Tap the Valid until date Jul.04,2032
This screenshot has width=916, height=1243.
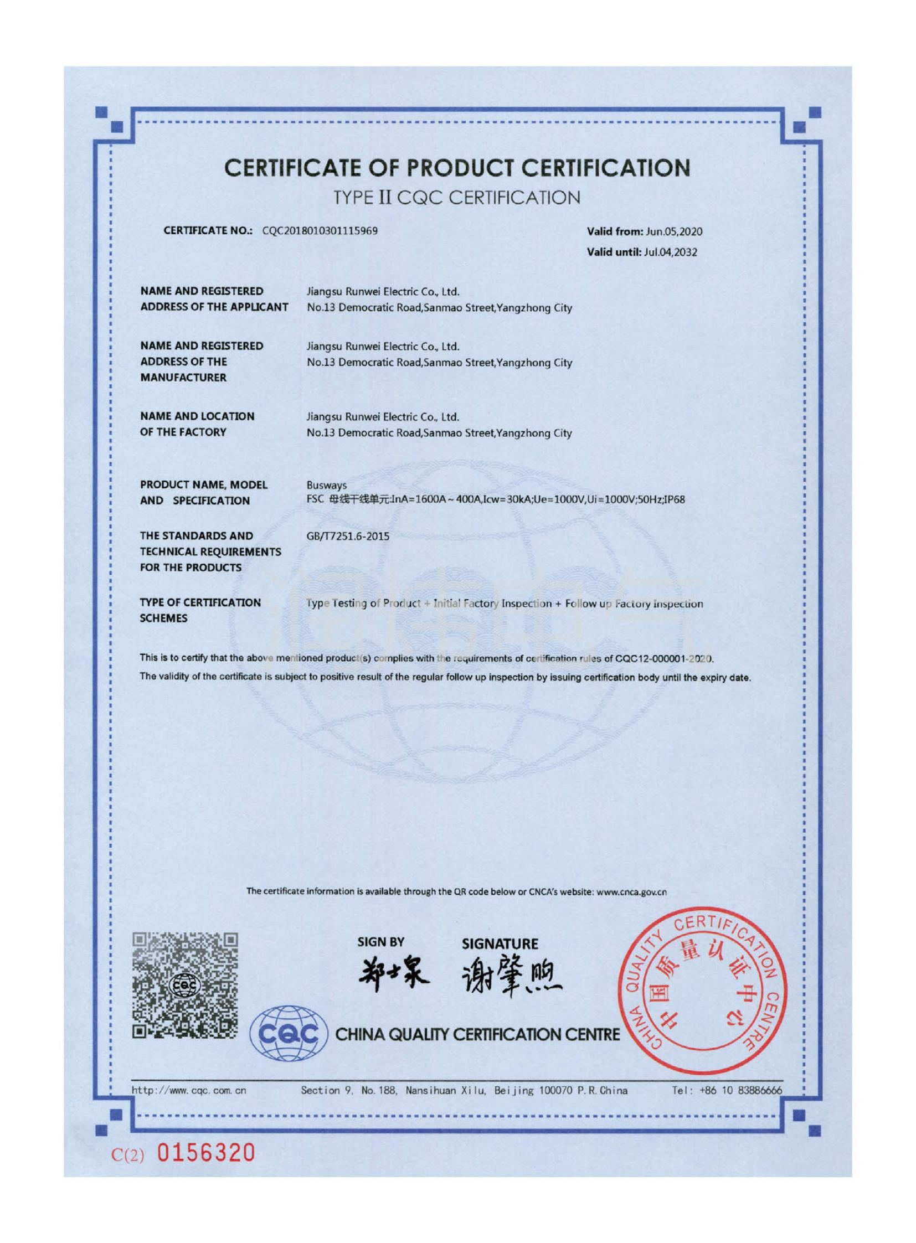[670, 252]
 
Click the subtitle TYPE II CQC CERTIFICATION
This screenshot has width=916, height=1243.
[457, 197]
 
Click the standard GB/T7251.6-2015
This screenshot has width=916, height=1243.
[348, 536]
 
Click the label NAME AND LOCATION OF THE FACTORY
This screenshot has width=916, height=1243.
[197, 424]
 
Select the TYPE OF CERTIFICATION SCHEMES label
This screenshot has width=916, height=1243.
[200, 610]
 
